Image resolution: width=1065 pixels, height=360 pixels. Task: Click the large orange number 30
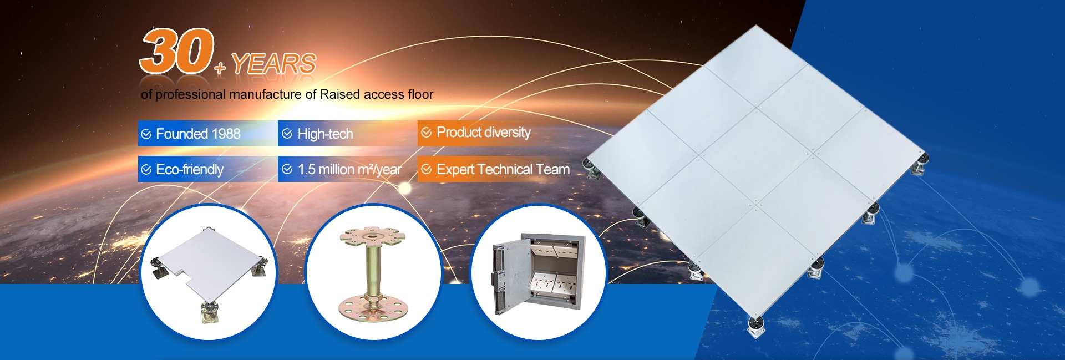point(177,50)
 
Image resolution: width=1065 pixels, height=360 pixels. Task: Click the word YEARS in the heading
point(274,64)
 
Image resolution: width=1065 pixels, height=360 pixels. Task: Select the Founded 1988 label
point(198,134)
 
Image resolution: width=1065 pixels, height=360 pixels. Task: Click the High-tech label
point(325,134)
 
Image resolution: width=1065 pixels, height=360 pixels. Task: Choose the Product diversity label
point(484,133)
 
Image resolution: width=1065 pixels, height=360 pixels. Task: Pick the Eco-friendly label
point(190,169)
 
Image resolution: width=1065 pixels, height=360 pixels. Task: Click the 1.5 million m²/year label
point(349,169)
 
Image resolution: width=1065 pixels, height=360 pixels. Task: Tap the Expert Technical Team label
point(503,169)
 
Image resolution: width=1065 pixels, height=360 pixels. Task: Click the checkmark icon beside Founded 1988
point(146,134)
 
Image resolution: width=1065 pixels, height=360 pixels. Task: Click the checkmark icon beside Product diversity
point(427,132)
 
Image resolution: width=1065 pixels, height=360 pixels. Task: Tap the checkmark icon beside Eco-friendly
point(146,169)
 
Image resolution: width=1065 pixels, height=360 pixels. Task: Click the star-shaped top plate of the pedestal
point(372,237)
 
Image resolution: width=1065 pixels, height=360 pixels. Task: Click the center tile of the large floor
point(758,156)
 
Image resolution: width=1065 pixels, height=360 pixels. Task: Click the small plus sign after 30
point(220,68)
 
